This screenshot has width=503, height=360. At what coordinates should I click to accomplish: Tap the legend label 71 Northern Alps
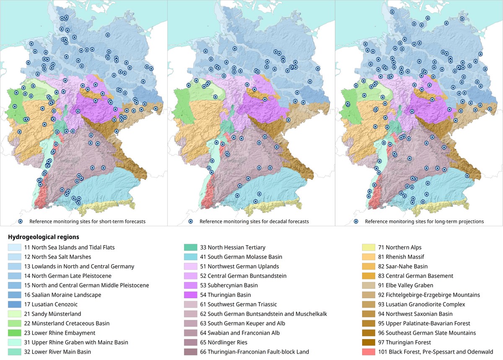click(x=403, y=248)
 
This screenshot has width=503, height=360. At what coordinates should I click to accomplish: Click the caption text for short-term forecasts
click(x=87, y=221)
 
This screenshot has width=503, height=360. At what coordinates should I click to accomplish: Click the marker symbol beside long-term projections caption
click(x=356, y=221)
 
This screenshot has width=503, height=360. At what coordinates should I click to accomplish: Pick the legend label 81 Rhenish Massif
click(x=405, y=257)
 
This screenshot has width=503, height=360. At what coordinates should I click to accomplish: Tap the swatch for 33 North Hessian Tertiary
click(x=191, y=248)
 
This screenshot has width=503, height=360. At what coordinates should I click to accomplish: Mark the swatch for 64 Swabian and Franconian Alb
click(x=191, y=333)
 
